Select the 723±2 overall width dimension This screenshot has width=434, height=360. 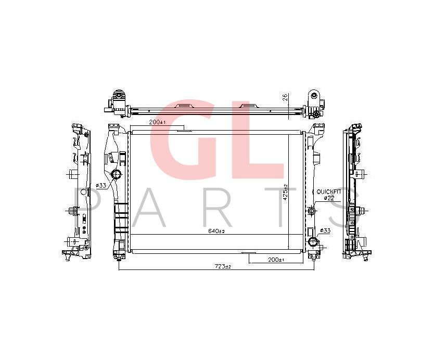pyautogui.click(x=223, y=266)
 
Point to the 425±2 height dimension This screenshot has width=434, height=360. pyautogui.click(x=285, y=194)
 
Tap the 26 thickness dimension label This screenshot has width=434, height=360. pyautogui.click(x=285, y=97)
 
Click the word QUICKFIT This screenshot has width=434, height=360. pyautogui.click(x=329, y=191)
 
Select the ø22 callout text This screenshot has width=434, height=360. pyautogui.click(x=329, y=198)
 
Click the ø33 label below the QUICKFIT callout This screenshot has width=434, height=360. pyautogui.click(x=325, y=230)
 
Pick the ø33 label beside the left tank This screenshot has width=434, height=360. pyautogui.click(x=101, y=185)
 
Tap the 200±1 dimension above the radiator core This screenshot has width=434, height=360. pyautogui.click(x=157, y=122)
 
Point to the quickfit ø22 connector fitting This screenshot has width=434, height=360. pyautogui.click(x=311, y=211)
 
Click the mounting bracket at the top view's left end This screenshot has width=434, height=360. pyautogui.click(x=118, y=102)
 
